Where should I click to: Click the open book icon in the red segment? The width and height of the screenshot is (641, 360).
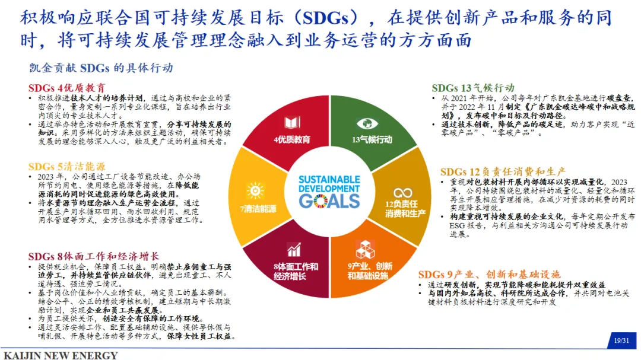coord(292,123)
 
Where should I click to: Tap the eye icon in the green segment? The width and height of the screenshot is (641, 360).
coord(367,123)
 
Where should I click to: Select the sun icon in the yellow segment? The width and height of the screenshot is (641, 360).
coord(255,191)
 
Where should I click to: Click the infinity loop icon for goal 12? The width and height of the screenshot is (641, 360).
coord(402,193)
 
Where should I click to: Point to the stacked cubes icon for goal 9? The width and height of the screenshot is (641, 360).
coord(365,249)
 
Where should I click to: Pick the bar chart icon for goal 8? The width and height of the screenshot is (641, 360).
coord(294,249)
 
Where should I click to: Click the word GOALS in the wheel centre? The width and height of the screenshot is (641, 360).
coord(329,201)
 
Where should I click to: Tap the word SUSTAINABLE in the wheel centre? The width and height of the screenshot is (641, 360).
coord(329,179)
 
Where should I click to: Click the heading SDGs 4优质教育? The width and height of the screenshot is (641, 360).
coord(66,88)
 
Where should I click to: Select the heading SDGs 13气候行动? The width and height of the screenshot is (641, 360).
coord(473,88)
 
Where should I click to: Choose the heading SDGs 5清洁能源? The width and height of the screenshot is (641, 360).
coord(66,167)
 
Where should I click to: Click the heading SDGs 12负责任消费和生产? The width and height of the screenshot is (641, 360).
coord(503,171)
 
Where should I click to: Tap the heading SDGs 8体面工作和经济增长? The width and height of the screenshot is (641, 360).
coord(94,257)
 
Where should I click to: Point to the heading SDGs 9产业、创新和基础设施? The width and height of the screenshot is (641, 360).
coord(489,275)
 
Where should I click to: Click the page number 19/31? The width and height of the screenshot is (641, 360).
coord(621,340)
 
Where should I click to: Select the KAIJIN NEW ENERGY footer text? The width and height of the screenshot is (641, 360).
coord(61,355)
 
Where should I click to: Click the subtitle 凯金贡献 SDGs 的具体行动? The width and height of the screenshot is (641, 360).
coord(101,68)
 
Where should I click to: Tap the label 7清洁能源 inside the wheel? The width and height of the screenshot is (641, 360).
coord(258,209)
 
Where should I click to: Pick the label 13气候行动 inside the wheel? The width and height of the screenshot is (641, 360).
coord(372,140)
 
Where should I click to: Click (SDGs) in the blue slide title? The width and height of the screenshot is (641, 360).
coord(326,18)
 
